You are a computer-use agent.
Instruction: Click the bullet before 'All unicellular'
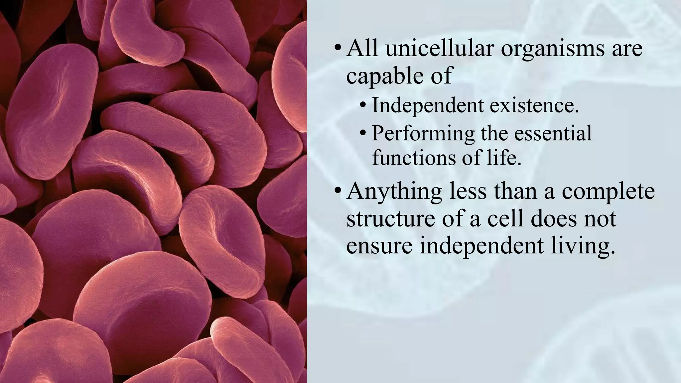click(338, 50)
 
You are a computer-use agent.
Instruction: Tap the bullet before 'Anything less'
click(338, 192)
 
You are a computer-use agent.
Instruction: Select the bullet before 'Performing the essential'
click(363, 134)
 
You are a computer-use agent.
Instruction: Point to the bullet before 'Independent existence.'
click(363, 106)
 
